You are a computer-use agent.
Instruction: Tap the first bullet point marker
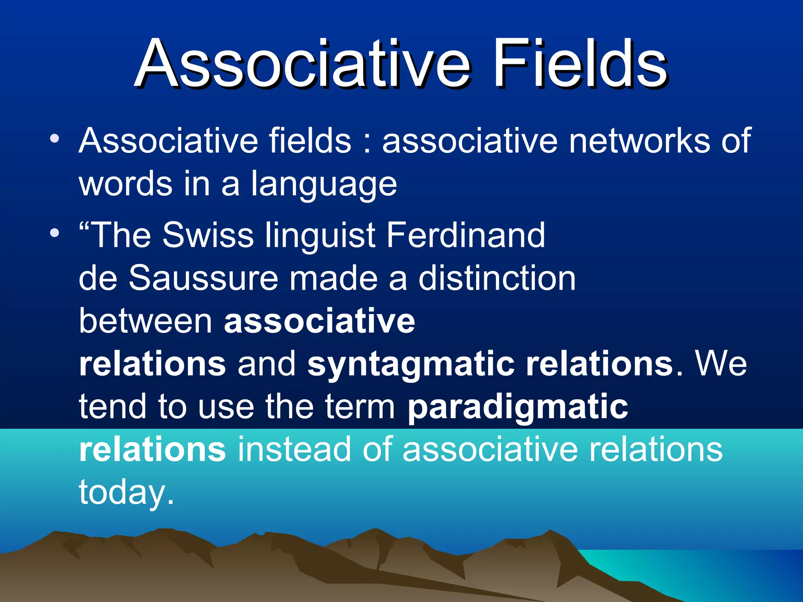(55, 138)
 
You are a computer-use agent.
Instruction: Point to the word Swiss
(208, 235)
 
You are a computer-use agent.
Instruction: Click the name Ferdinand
(466, 235)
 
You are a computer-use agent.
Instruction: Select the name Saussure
(203, 278)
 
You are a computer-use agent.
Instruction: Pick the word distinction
(497, 278)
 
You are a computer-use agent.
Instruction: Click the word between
(145, 321)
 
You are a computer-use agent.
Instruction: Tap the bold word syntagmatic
(411, 364)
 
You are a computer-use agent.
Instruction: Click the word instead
(294, 450)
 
